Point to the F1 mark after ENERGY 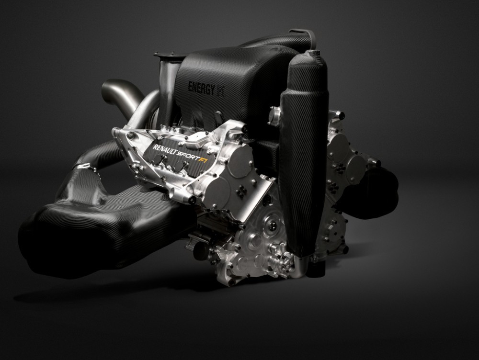pos(220,91)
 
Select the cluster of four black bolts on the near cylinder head pos(242,191)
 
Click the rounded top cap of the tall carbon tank pos(307,57)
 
